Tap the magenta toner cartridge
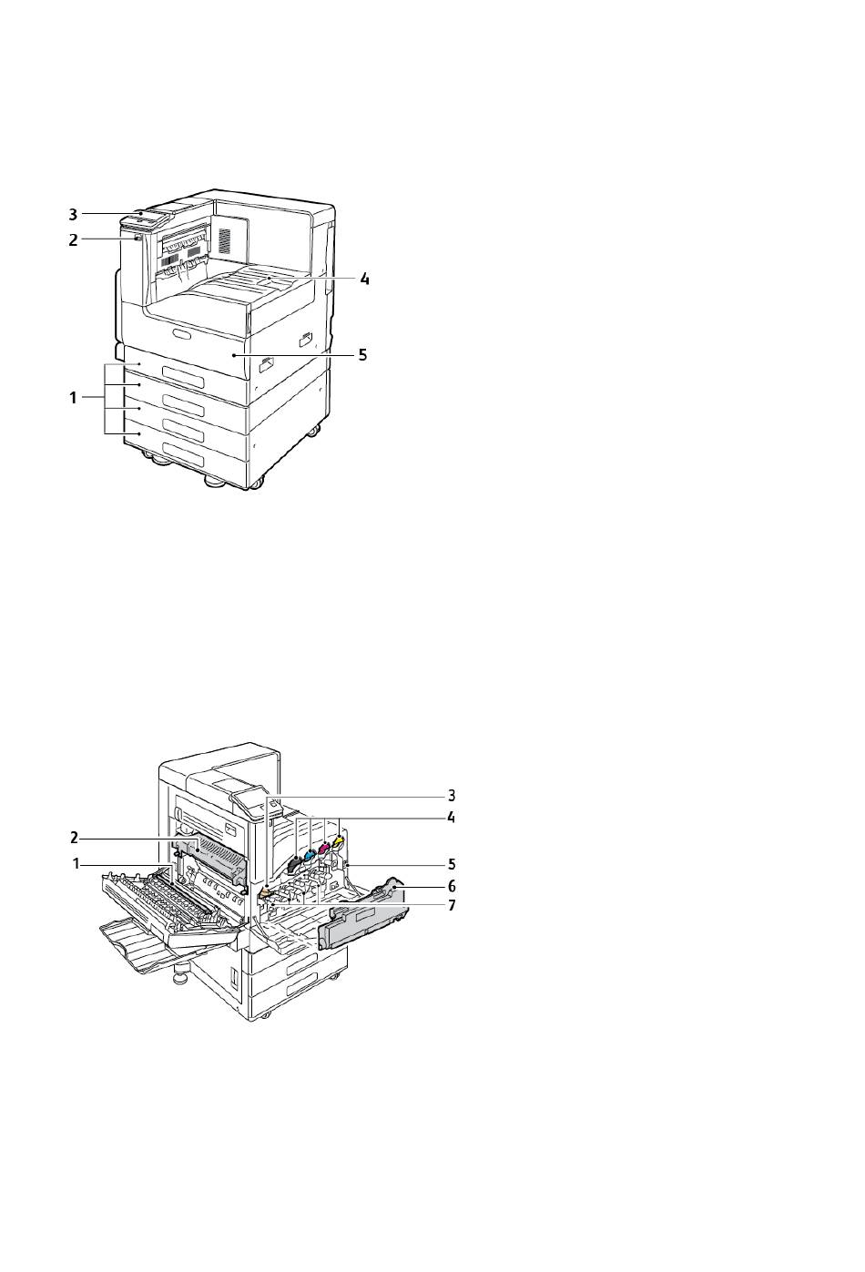(x=324, y=849)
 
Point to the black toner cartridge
(x=294, y=862)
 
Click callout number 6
(x=452, y=885)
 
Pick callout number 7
(x=452, y=904)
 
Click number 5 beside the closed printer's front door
(x=361, y=355)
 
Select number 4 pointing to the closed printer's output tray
(x=364, y=279)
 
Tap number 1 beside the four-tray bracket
(x=73, y=398)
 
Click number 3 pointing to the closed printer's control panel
(x=73, y=214)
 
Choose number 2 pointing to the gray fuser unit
(x=74, y=837)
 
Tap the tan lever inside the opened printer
(x=264, y=896)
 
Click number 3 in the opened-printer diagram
(x=452, y=795)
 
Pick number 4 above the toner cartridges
(x=451, y=817)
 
